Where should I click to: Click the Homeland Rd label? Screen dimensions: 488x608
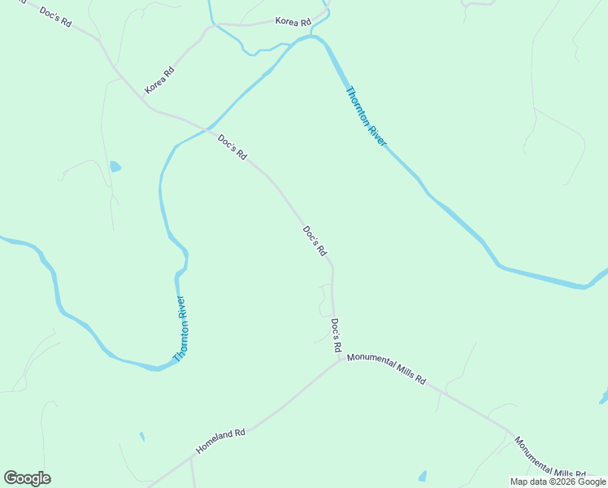220,442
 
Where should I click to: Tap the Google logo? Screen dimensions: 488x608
27,478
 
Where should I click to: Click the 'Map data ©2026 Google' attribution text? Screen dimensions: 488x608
558,481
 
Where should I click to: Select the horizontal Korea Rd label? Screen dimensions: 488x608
293,21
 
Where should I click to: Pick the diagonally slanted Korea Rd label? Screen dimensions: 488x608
159,79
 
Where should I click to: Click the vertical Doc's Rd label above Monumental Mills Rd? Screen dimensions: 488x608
335,334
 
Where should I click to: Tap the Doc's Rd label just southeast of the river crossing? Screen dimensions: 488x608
232,146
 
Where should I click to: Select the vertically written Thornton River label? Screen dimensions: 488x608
182,328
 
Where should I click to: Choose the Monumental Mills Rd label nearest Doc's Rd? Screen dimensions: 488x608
386,368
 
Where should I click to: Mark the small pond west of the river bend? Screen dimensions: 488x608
115,167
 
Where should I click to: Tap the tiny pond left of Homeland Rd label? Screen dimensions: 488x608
141,437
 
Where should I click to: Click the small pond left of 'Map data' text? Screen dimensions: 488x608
422,476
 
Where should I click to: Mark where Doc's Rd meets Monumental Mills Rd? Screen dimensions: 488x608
340,359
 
